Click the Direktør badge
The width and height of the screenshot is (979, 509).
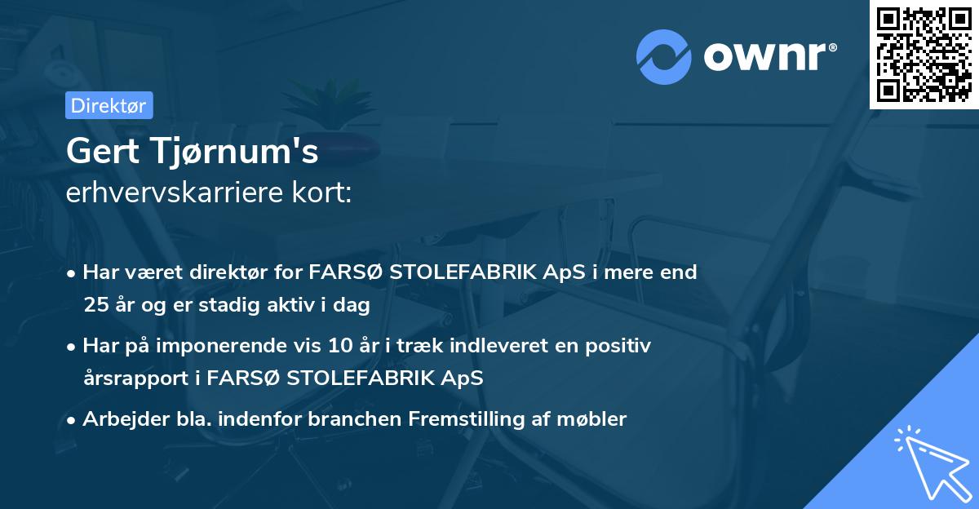109,104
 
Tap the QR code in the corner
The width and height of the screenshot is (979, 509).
923,54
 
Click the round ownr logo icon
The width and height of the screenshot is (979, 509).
664,57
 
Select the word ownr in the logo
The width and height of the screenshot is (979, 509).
766,55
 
